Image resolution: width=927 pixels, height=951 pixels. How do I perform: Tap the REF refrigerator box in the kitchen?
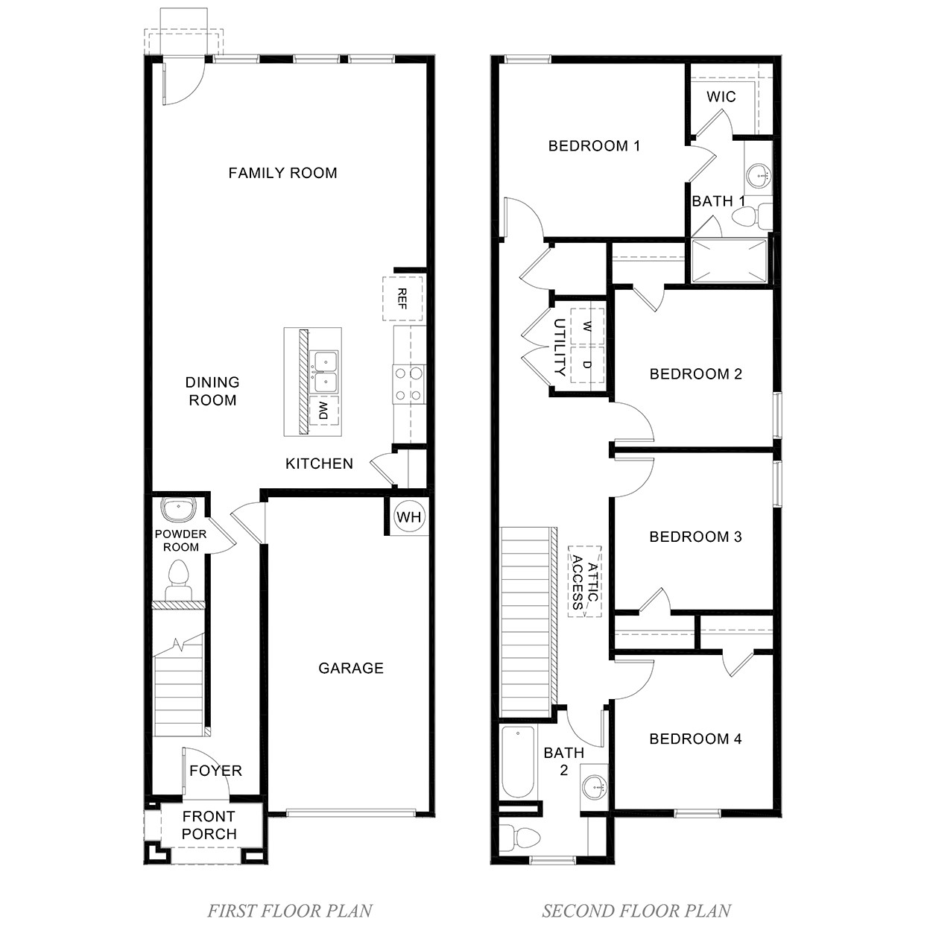(402, 298)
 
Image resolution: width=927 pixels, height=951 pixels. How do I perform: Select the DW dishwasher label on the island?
(323, 410)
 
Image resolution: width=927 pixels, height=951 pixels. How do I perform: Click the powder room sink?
(178, 510)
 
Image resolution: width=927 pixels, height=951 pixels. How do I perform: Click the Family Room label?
(282, 173)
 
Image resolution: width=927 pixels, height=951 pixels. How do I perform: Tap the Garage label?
(351, 668)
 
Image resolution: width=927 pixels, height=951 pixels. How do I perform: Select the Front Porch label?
(209, 825)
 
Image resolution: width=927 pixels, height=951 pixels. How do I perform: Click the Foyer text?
(215, 771)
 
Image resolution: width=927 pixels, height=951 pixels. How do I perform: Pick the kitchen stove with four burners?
(408, 384)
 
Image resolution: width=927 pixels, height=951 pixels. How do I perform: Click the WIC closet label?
(721, 96)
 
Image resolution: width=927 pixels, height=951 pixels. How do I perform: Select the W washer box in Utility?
(587, 326)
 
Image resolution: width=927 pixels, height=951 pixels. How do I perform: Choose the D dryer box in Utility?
(587, 364)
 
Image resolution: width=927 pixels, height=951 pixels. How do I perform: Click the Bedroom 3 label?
(695, 537)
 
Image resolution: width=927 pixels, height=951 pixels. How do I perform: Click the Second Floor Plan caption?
(636, 910)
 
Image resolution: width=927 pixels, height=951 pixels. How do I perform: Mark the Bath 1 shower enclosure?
(729, 261)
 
